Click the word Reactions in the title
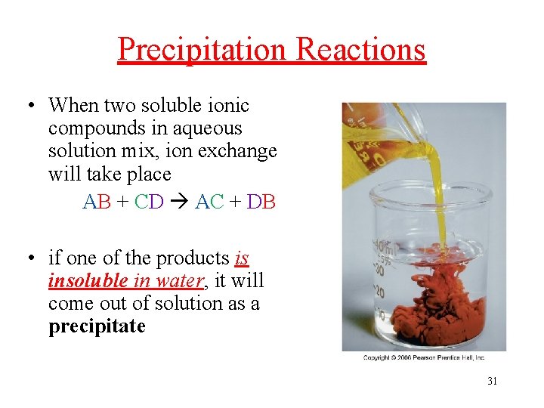[361, 50]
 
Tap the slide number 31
[492, 381]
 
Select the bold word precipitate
[97, 327]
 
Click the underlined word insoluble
[88, 281]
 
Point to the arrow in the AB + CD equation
[179, 202]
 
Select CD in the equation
[149, 202]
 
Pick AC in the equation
[209, 202]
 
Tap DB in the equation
[261, 202]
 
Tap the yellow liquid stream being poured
[435, 196]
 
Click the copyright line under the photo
[423, 357]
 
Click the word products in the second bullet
[193, 258]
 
